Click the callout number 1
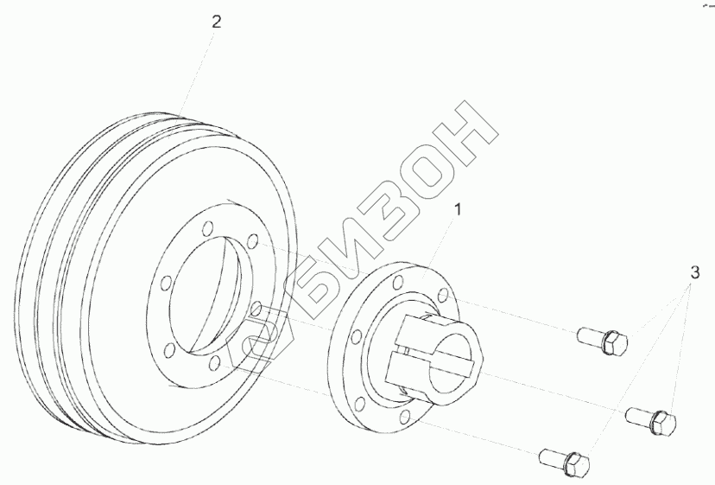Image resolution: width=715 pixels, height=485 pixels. pos(458,209)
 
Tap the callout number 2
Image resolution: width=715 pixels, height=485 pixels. pos(217,22)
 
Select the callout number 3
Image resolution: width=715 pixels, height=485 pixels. pos(694,272)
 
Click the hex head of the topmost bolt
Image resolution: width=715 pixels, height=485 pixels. pos(614,343)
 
